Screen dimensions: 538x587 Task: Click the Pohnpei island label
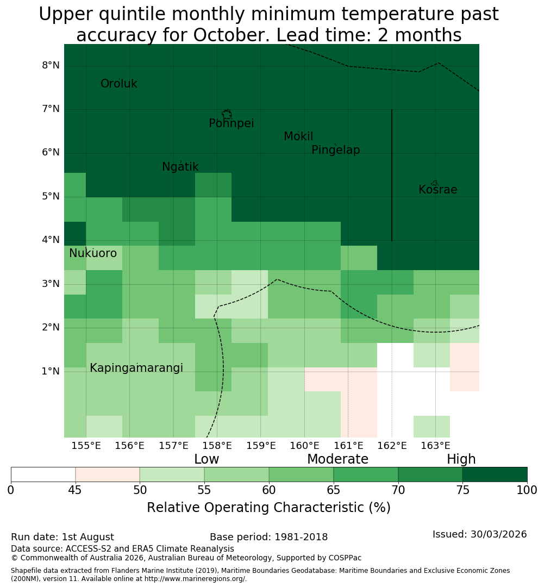pyautogui.click(x=231, y=123)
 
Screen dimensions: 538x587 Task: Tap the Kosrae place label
pyautogui.click(x=437, y=190)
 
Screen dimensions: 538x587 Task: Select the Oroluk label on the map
pyautogui.click(x=118, y=84)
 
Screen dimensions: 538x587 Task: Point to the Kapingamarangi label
pyautogui.click(x=136, y=368)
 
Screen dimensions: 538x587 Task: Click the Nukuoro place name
pyautogui.click(x=93, y=253)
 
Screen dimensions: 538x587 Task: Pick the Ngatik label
pyautogui.click(x=180, y=167)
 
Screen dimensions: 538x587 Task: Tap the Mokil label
pyautogui.click(x=298, y=136)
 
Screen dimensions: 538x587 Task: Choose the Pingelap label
pyautogui.click(x=335, y=150)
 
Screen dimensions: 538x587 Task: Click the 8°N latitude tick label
pyautogui.click(x=51, y=66)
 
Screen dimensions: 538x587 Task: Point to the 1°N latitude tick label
pyautogui.click(x=51, y=371)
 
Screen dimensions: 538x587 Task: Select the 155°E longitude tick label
pyautogui.click(x=86, y=446)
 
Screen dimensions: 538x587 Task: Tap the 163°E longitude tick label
pyautogui.click(x=435, y=446)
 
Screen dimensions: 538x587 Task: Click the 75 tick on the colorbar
pyautogui.click(x=463, y=490)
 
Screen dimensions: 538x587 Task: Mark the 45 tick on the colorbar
pyautogui.click(x=75, y=490)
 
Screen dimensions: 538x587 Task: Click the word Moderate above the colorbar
pyautogui.click(x=337, y=459)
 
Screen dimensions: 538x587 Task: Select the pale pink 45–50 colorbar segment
pyautogui.click(x=108, y=474)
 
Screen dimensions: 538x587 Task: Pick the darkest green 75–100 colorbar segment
pyautogui.click(x=495, y=474)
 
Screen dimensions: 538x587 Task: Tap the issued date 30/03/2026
pyautogui.click(x=498, y=534)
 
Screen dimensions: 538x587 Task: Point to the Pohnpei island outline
pyautogui.click(x=227, y=114)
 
